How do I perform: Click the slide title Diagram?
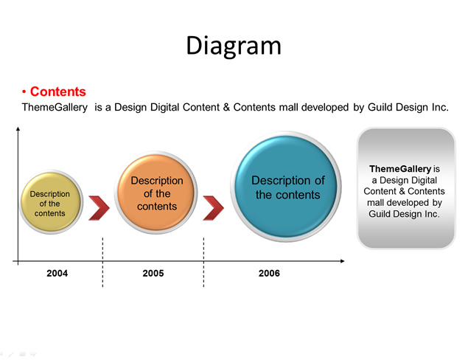tap(234, 46)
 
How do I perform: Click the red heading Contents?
tap(58, 91)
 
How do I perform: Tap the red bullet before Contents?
tap(24, 91)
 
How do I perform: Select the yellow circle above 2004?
tap(51, 202)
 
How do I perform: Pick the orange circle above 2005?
tap(156, 193)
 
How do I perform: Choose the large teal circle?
tap(286, 187)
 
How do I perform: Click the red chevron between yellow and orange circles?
tap(99, 208)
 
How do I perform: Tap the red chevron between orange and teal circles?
tap(214, 208)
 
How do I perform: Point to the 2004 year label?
tap(57, 273)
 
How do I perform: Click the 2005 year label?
tap(153, 273)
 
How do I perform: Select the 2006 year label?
tap(269, 273)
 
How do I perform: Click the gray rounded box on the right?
tap(406, 188)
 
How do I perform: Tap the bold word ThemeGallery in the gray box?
tap(400, 169)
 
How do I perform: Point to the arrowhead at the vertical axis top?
tap(18, 129)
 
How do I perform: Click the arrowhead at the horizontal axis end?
tap(343, 261)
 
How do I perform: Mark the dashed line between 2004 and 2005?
tap(102, 263)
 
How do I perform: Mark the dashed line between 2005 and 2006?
tap(203, 263)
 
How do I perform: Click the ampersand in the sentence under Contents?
tap(226, 107)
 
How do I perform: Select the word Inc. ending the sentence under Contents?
tap(440, 107)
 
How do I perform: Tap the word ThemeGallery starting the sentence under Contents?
tap(55, 107)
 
